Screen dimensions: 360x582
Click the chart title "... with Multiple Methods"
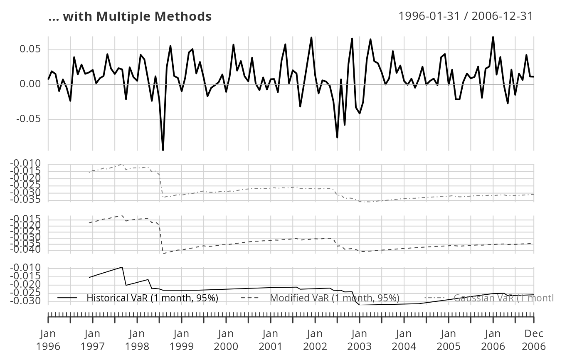[130, 17]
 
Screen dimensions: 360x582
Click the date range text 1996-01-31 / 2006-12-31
[466, 16]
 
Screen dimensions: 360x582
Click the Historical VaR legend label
[152, 298]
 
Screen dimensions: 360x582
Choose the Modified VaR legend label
[335, 298]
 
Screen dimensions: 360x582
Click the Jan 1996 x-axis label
[48, 340]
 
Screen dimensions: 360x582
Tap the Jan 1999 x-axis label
[182, 340]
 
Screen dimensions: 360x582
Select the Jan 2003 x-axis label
[360, 340]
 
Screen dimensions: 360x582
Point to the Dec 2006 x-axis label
[534, 340]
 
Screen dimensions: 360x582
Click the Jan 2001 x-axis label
[271, 340]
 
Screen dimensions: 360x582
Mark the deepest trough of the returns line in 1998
[163, 150]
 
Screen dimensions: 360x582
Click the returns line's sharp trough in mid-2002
[337, 137]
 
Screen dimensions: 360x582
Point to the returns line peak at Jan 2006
[493, 37]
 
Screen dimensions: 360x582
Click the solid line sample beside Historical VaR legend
[68, 298]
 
